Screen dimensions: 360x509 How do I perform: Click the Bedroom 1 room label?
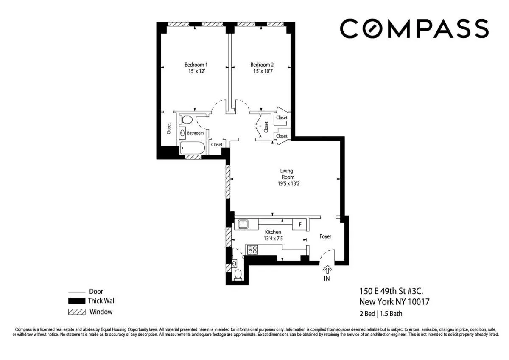196,65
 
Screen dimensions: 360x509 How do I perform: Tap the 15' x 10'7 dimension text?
262,71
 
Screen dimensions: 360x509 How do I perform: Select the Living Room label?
287,174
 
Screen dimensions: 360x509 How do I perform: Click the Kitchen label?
273,232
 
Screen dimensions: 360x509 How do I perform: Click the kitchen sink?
243,224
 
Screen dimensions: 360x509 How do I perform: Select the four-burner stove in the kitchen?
253,250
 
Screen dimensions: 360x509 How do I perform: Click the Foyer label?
325,236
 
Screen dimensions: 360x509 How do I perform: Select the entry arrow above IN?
327,269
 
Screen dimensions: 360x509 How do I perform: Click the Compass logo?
414,28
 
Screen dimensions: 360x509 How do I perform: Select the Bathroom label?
196,133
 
